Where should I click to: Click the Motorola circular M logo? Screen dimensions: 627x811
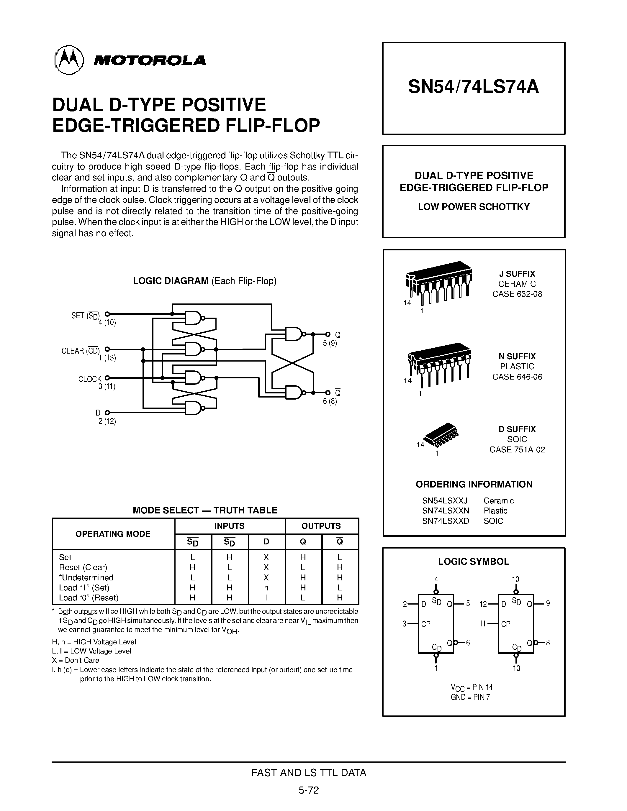click(69, 60)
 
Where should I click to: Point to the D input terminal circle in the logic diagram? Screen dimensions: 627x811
click(107, 413)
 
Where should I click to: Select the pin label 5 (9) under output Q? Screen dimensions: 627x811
click(330, 343)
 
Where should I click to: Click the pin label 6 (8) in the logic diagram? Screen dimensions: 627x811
click(330, 401)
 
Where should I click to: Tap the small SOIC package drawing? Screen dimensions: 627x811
click(441, 434)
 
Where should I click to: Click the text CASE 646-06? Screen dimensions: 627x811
click(517, 377)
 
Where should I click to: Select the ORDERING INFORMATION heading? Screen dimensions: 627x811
click(474, 484)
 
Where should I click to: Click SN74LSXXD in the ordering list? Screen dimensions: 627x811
click(445, 521)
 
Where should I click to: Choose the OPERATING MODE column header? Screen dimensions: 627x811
click(113, 534)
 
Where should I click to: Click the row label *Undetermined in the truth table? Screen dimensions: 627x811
click(86, 577)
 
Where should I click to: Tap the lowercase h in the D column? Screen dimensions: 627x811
click(266, 588)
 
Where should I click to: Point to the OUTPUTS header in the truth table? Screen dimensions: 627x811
click(321, 526)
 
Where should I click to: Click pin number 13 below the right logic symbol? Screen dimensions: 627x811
click(516, 668)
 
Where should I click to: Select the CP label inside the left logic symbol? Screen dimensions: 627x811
click(426, 624)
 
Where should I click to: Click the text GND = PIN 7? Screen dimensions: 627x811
click(470, 697)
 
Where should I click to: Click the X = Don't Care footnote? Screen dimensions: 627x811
click(76, 660)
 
